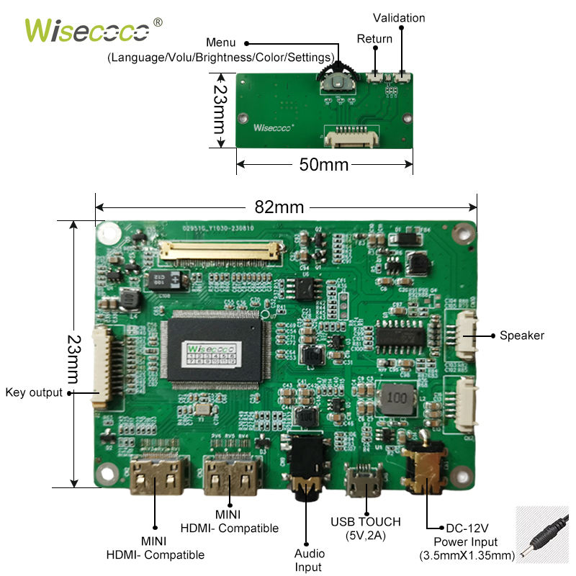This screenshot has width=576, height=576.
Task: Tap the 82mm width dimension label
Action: point(279,207)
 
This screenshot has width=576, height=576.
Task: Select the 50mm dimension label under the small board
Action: point(323,165)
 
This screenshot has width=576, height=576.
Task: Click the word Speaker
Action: point(522,336)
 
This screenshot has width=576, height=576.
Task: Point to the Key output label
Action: point(34,392)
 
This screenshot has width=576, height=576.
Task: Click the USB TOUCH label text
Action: point(365,521)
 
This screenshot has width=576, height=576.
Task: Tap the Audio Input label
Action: point(309,560)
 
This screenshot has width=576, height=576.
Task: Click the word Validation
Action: point(399,17)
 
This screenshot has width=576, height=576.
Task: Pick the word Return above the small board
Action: point(374,39)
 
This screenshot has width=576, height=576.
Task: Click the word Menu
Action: point(220,43)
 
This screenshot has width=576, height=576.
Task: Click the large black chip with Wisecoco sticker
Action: point(213,350)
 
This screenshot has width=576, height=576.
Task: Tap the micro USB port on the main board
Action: point(365,485)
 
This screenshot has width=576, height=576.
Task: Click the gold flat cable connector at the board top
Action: point(220,251)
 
